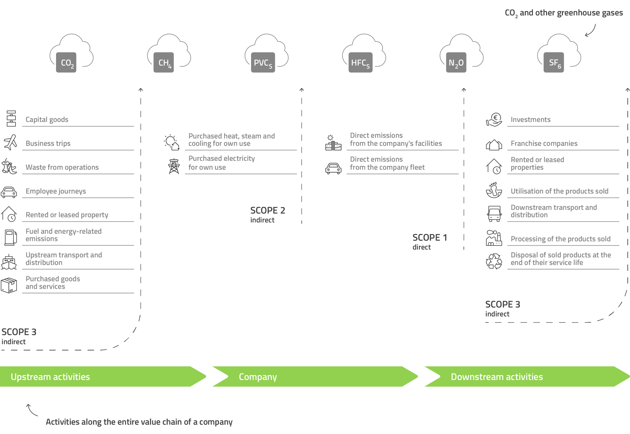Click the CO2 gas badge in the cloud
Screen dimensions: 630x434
tap(66, 62)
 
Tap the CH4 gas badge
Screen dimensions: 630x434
tap(163, 62)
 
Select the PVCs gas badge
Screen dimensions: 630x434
tap(263, 62)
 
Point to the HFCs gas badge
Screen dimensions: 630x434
tap(360, 62)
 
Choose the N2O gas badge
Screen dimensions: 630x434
tap(456, 62)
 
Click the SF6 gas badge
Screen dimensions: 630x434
tap(554, 62)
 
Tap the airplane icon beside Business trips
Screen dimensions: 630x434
tap(10, 142)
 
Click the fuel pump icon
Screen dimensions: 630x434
tap(10, 237)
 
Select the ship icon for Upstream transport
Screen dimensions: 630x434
tap(9, 262)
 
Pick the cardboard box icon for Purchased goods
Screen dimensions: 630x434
tap(9, 285)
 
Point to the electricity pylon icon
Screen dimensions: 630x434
tap(174, 166)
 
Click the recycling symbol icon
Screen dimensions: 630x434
tap(494, 261)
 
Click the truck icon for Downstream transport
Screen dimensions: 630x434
tap(494, 214)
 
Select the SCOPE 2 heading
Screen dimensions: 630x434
tap(268, 210)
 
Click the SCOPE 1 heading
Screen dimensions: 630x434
tap(430, 237)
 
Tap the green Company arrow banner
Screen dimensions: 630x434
tap(315, 376)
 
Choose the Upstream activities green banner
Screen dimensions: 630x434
tap(103, 376)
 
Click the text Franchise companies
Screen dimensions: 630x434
tap(544, 143)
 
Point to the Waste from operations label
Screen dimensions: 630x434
tap(62, 167)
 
